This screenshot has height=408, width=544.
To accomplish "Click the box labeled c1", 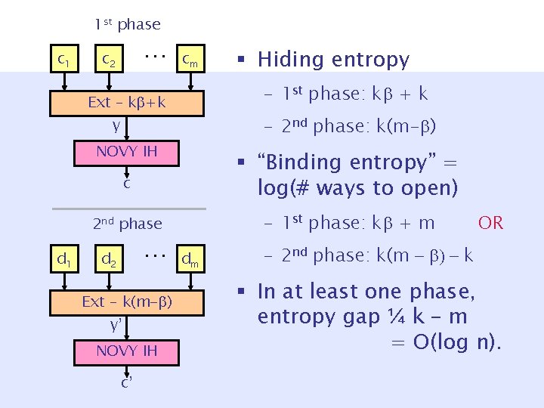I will pos(64,58).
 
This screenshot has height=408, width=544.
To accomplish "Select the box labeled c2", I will pos(109,58).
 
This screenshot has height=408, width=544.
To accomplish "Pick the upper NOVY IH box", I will pos(126,152).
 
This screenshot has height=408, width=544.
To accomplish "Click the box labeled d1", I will pos(64,261).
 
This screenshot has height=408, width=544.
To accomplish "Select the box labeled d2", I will pos(109,261).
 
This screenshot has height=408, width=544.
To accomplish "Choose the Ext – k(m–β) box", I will pos(126,302).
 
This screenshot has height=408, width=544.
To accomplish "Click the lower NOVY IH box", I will pos(126,351).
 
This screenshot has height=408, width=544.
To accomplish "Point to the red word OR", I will pos(490,222).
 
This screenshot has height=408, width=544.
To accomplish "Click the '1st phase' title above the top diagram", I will pos(127,24).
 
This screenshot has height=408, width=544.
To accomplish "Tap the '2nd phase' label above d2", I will pos(127,223).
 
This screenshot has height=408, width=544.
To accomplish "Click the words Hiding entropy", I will pos(333,60).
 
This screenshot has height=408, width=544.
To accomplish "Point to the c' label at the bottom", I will pos(127,381).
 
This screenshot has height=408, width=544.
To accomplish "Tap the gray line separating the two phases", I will pos(128,208).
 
